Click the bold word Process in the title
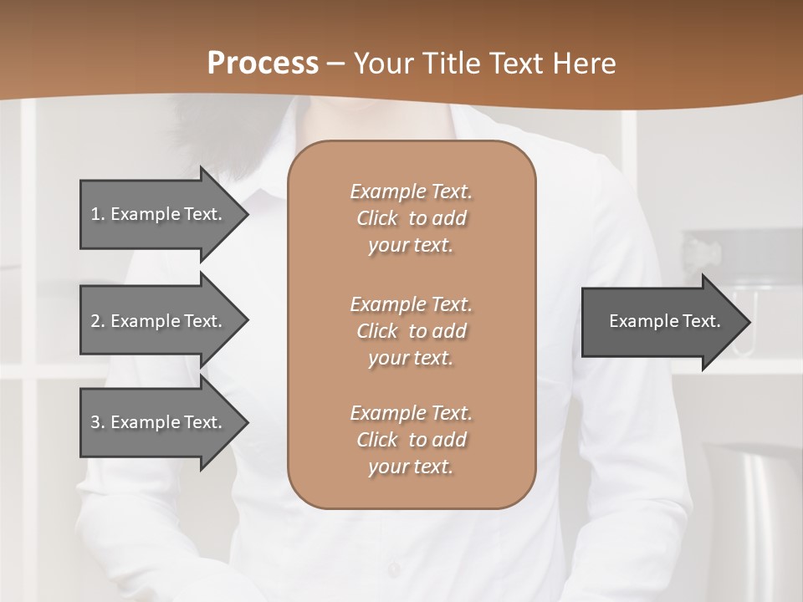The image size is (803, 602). [x=263, y=64]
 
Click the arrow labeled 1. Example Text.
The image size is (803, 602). [x=159, y=214]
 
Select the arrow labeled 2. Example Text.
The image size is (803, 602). [x=159, y=321]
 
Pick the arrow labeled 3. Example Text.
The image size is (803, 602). [x=159, y=422]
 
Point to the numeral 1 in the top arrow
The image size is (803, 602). [x=95, y=214]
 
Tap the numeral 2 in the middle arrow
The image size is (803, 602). [x=95, y=321]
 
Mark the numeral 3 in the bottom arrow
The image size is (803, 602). [x=95, y=422]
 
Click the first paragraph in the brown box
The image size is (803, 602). [x=411, y=218]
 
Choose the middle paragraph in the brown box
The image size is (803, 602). [x=411, y=331]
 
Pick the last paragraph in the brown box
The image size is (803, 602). [x=411, y=440]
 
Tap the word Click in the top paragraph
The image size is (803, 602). [x=377, y=218]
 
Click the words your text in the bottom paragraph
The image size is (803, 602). [x=411, y=467]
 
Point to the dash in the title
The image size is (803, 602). [x=336, y=64]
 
